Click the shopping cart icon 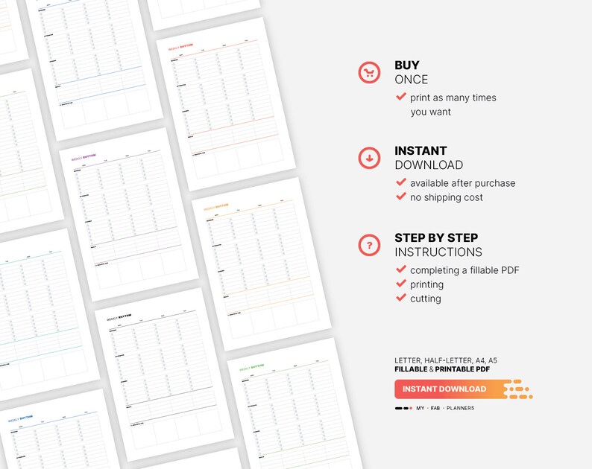pyautogui.click(x=369, y=72)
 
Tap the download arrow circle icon pyautogui.click(x=369, y=158)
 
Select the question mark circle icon pyautogui.click(x=369, y=245)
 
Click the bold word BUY pyautogui.click(x=407, y=66)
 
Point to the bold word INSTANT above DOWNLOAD pyautogui.click(x=421, y=151)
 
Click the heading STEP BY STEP pyautogui.click(x=436, y=238)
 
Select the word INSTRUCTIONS pyautogui.click(x=438, y=252)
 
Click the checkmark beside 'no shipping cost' pyautogui.click(x=401, y=197)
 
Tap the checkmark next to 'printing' pyautogui.click(x=401, y=284)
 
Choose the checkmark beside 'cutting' pyautogui.click(x=401, y=298)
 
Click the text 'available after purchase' pyautogui.click(x=462, y=183)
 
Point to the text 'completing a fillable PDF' pyautogui.click(x=465, y=270)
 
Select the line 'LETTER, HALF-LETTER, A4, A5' pyautogui.click(x=446, y=360)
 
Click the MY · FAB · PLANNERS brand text pyautogui.click(x=445, y=408)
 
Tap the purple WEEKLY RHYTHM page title pyautogui.click(x=84, y=158)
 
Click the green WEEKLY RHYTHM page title pyautogui.click(x=251, y=367)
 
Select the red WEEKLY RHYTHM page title pyautogui.click(x=183, y=54)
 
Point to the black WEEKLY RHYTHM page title pyautogui.click(x=119, y=317)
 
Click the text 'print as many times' pyautogui.click(x=453, y=98)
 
